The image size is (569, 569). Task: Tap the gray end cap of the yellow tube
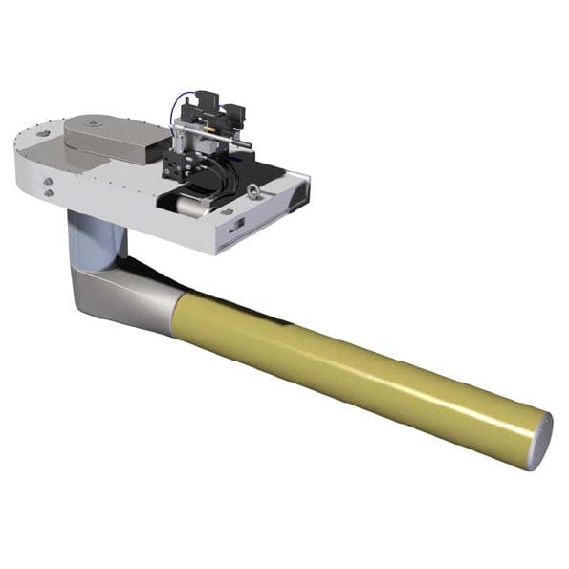[x=540, y=441]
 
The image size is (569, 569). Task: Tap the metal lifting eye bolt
[x=252, y=190]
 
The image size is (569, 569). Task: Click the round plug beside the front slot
[x=226, y=210]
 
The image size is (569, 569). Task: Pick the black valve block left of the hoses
[x=179, y=163]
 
